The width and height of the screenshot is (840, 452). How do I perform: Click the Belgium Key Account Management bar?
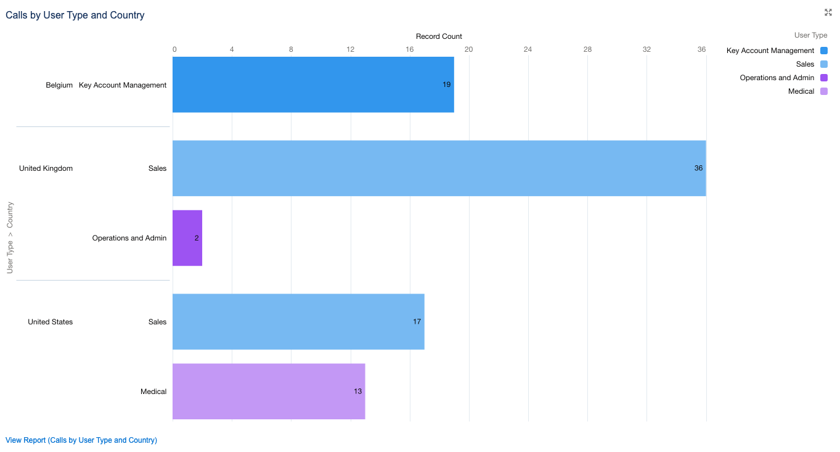pos(313,84)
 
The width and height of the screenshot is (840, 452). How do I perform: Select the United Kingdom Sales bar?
pos(439,168)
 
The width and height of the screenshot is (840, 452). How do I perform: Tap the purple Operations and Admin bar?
pos(187,238)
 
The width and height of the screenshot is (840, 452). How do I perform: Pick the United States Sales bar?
pos(298,321)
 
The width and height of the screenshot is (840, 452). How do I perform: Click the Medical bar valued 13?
pos(269,391)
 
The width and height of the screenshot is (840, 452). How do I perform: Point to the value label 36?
pos(698,168)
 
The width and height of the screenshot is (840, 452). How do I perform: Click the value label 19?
pos(446,84)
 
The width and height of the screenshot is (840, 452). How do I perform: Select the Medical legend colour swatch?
pos(824,91)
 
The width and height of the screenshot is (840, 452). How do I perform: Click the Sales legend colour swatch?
pos(824,64)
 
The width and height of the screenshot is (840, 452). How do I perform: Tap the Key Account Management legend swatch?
pos(824,51)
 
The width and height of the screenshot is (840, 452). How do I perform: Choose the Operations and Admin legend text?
pos(777,78)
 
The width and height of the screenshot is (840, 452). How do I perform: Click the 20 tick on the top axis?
pos(468,49)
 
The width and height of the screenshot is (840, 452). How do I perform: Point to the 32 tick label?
pos(646,49)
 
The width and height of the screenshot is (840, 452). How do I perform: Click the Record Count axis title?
pos(439,36)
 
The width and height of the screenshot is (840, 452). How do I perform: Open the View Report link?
pos(81,440)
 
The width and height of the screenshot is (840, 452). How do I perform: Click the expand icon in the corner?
pos(828,12)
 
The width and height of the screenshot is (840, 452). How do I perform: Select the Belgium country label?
pos(59,85)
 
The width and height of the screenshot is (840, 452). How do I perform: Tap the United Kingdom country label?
pos(46,168)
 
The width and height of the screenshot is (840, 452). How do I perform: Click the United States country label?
pos(50,322)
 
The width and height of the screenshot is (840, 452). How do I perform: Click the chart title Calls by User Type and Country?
pos(75,15)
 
